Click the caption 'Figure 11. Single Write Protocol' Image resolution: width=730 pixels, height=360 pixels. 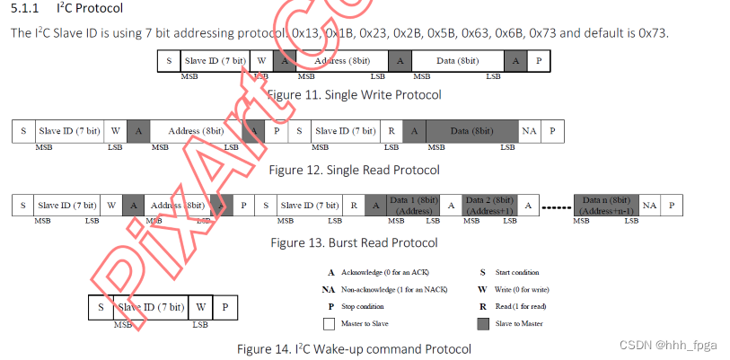pyautogui.click(x=354, y=94)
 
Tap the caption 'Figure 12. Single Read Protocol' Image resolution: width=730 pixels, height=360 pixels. pyautogui.click(x=354, y=170)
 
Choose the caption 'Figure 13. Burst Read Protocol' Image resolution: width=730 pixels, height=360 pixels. pyautogui.click(x=354, y=242)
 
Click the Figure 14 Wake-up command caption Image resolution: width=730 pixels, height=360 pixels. pyautogui.click(x=354, y=348)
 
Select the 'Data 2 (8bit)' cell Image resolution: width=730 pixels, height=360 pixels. pyautogui.click(x=490, y=206)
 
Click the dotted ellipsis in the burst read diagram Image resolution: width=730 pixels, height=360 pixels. pyautogui.click(x=556, y=207)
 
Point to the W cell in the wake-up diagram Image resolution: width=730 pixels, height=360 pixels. pyautogui.click(x=200, y=307)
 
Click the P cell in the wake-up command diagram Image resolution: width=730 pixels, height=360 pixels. pyautogui.click(x=226, y=307)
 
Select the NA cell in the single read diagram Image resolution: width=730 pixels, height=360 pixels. pyautogui.click(x=529, y=131)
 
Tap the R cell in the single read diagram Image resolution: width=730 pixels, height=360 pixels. pyautogui.click(x=391, y=131)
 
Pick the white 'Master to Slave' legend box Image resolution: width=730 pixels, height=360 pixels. pyautogui.click(x=329, y=322)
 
